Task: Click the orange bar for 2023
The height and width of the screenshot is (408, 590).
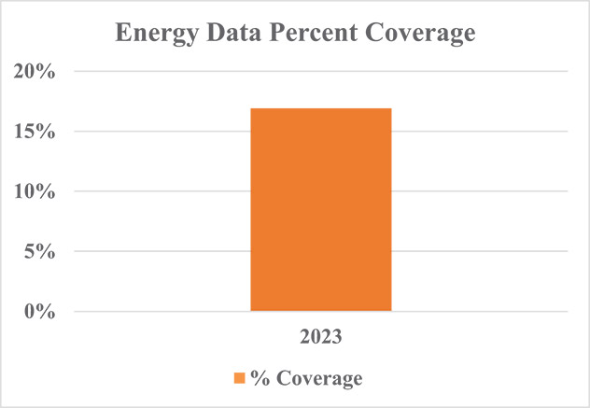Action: (x=321, y=209)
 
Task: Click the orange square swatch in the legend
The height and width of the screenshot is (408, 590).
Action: (x=239, y=378)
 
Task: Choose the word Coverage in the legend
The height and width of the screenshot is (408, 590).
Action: (x=314, y=378)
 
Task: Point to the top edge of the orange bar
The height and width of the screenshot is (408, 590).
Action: (x=321, y=109)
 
